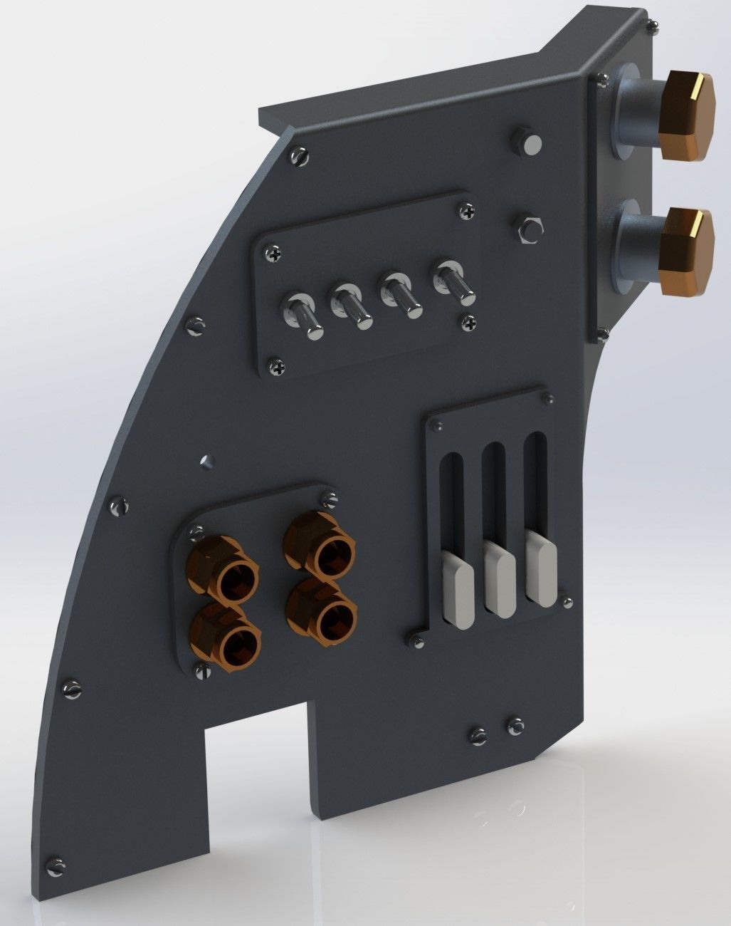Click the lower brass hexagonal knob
coord(685,246)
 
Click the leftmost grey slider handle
coord(458,591)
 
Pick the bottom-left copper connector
coord(224,633)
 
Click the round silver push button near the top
coord(530,143)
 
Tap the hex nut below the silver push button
coord(527,228)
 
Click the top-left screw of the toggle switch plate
coord(276,252)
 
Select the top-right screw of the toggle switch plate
coord(467,211)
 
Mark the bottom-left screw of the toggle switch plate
coord(277,368)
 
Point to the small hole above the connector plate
coord(206,460)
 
